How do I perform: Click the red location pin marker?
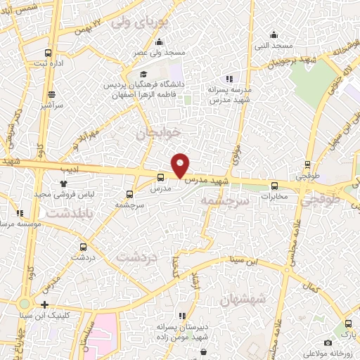pos(181,164)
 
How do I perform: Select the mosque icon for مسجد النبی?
pos(274,34)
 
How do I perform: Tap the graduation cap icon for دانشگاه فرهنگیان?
pos(144,74)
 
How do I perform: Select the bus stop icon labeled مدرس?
pos(161,179)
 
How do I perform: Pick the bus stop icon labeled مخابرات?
pos(274,186)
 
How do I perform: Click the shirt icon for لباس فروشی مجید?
pos(63,183)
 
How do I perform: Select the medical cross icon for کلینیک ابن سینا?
pos(45,305)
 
